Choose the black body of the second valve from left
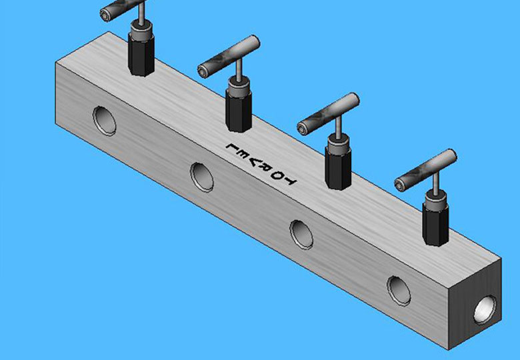238,107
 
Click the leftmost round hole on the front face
104,120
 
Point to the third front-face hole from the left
301,234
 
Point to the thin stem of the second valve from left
237,77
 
